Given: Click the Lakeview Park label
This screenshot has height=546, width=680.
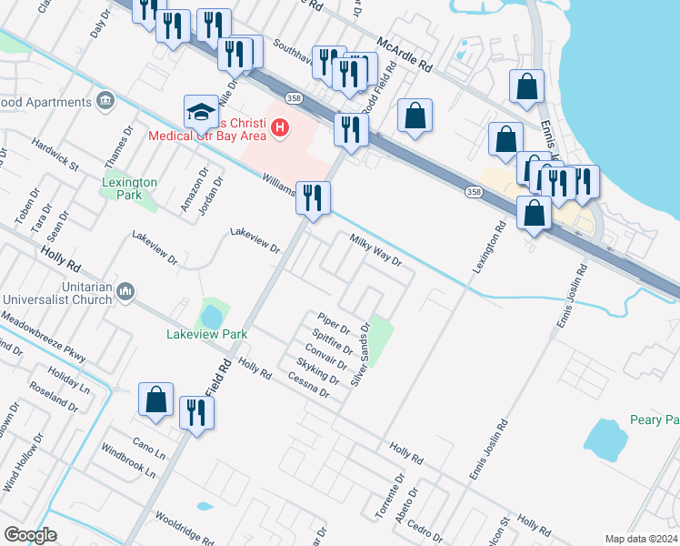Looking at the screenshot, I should pos(207,334).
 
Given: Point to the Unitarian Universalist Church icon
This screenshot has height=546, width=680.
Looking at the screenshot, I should pos(125,290).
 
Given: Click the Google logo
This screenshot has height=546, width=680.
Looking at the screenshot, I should pos(30,535).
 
